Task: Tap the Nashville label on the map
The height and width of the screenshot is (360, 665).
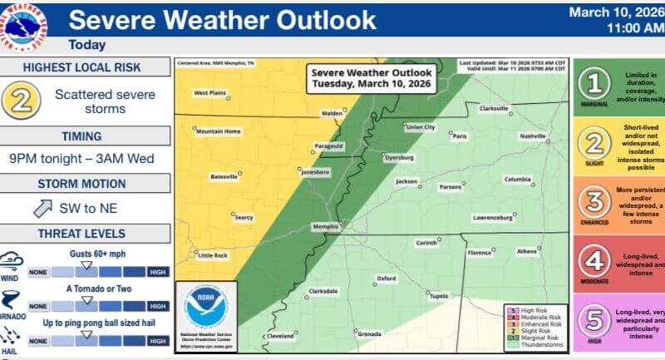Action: click(532, 136)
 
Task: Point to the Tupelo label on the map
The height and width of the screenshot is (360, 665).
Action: click(438, 295)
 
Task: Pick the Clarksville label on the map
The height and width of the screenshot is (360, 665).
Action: click(493, 109)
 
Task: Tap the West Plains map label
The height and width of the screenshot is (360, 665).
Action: click(210, 93)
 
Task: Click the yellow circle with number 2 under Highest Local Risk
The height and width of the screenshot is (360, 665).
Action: click(22, 101)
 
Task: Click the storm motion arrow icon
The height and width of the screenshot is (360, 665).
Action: click(43, 209)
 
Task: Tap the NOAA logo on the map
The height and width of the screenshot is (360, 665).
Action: click(206, 308)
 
